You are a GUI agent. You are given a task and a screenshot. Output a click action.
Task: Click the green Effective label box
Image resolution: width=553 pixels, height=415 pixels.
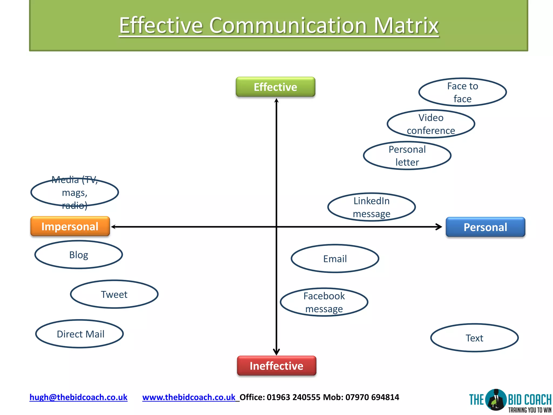click(x=275, y=87)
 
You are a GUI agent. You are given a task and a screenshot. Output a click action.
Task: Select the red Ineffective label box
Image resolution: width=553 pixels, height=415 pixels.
click(x=276, y=366)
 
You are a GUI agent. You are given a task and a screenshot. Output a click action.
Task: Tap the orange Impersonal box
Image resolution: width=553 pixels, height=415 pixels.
click(x=70, y=226)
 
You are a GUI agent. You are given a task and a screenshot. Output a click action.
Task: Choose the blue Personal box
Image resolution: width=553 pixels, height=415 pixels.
click(x=485, y=227)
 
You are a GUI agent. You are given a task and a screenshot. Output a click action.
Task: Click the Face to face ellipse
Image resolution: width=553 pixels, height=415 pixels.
click(x=463, y=92)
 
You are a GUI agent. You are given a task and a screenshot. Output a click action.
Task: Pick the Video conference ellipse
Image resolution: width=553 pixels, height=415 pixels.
click(x=431, y=124)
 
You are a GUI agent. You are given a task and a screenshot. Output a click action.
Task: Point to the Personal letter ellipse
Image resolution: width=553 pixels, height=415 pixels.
click(x=407, y=156)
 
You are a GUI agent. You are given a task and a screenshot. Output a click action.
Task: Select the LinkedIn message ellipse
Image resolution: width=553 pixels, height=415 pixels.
click(x=372, y=207)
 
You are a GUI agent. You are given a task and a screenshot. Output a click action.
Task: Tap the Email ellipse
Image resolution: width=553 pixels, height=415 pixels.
click(x=335, y=259)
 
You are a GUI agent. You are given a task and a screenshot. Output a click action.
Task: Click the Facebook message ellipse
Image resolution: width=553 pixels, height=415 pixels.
click(x=324, y=302)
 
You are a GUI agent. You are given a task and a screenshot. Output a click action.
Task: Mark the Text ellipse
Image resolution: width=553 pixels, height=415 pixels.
click(x=474, y=338)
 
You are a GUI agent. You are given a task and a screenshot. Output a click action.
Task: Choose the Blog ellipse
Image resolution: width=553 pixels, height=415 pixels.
click(x=79, y=255)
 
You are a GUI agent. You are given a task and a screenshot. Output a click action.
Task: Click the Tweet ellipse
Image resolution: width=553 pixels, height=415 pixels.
click(x=114, y=294)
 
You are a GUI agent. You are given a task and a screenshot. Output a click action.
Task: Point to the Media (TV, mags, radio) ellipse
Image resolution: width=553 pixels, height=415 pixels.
click(x=75, y=192)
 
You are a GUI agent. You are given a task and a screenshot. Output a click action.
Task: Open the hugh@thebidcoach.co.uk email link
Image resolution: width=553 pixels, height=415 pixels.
click(x=78, y=397)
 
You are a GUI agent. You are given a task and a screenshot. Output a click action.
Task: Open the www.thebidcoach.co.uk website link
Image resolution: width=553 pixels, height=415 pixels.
click(x=189, y=397)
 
